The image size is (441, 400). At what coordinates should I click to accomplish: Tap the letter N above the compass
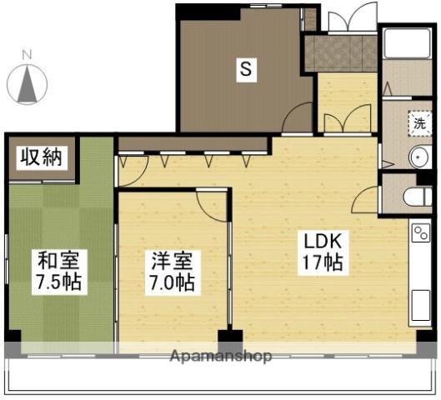point(27,55)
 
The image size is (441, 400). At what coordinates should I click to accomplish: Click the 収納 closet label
point(40,157)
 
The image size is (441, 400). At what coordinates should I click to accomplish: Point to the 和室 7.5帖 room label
point(58,270)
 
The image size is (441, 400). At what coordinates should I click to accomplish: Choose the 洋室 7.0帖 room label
point(173,272)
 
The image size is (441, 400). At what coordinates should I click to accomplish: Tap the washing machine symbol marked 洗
point(420,122)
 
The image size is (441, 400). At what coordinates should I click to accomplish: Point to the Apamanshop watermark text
point(220,357)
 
